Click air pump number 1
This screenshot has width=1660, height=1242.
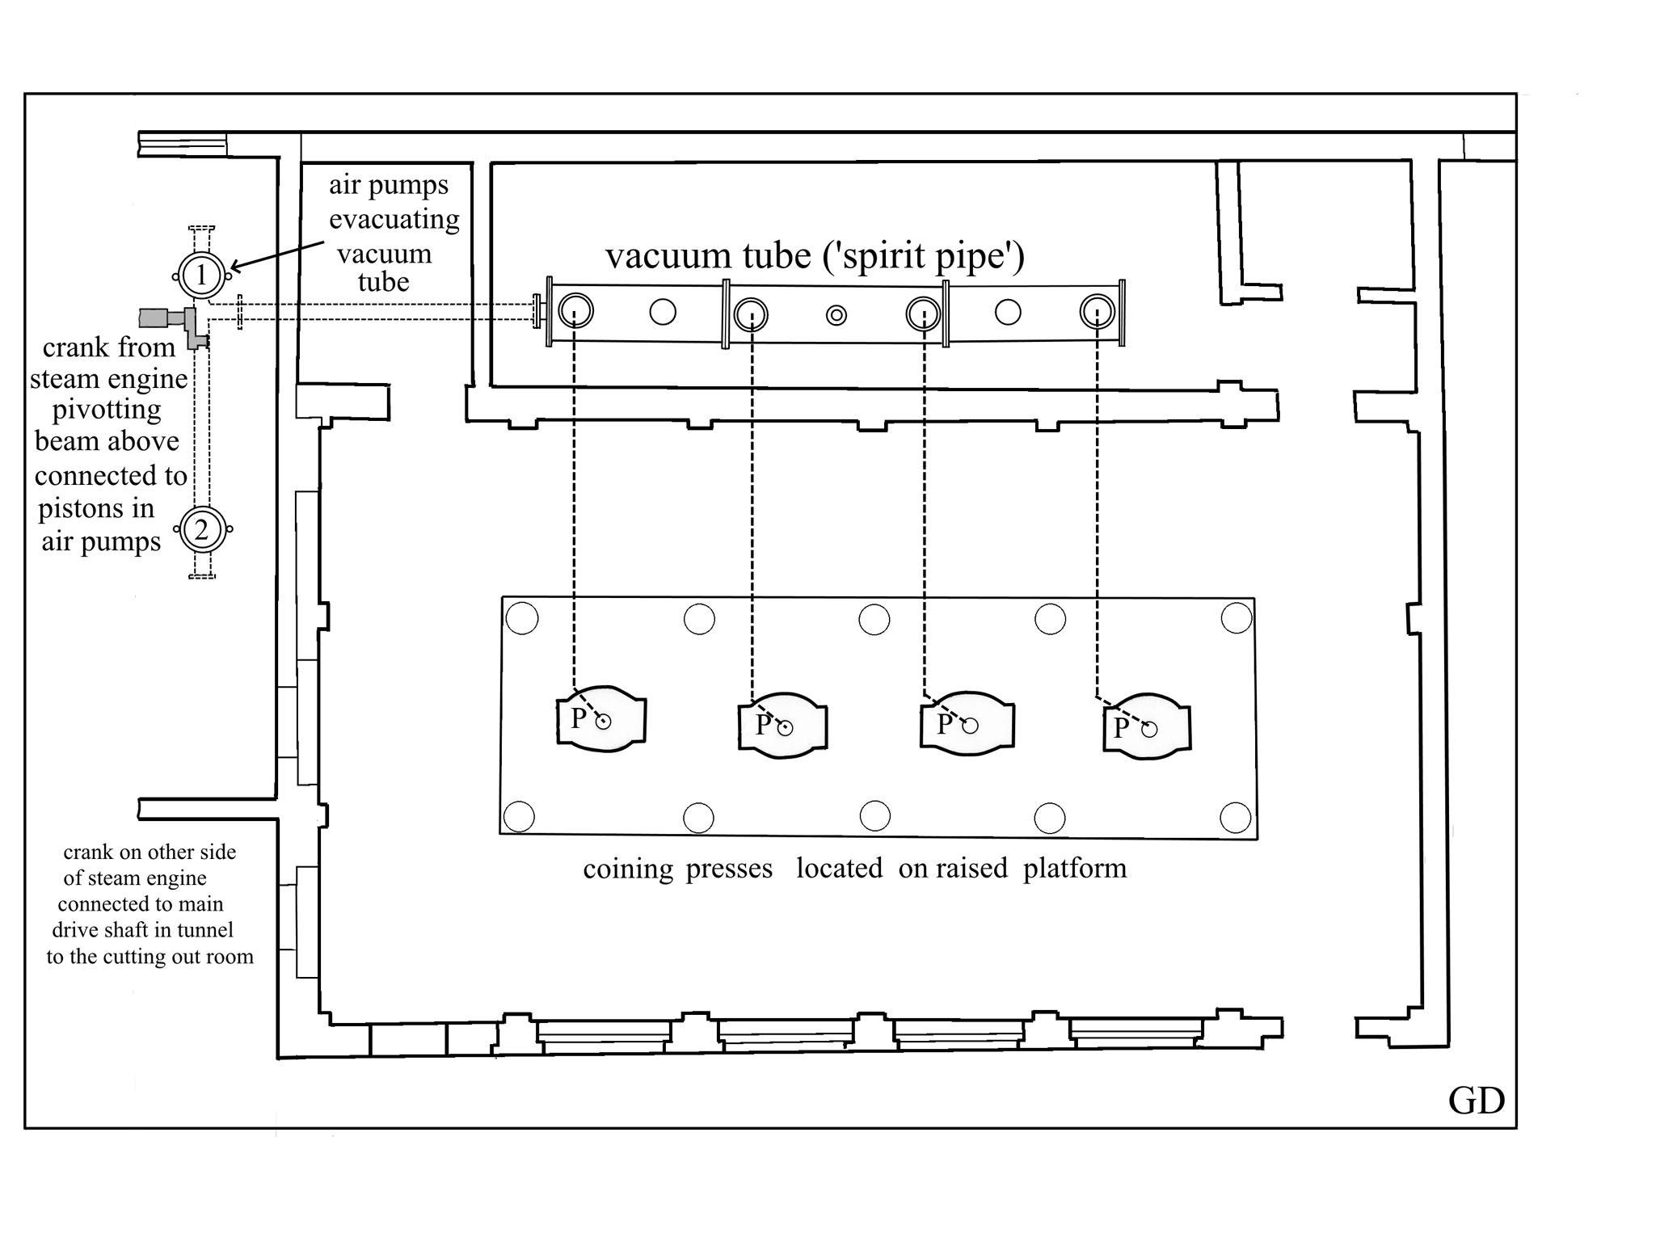pyautogui.click(x=201, y=275)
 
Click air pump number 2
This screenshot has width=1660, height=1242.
pyautogui.click(x=201, y=530)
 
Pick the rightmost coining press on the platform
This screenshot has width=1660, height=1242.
pyautogui.click(x=1147, y=726)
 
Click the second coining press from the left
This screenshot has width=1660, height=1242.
pyautogui.click(x=782, y=725)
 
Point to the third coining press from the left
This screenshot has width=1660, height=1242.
pyautogui.click(x=967, y=723)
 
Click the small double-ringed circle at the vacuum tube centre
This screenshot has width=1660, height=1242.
pyautogui.click(x=836, y=315)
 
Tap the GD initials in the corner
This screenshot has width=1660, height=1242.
pyautogui.click(x=1477, y=1101)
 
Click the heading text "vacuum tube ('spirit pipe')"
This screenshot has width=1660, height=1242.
pyautogui.click(x=815, y=256)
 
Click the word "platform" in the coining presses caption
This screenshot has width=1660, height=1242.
pyautogui.click(x=1075, y=869)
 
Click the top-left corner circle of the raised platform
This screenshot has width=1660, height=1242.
pyautogui.click(x=522, y=619)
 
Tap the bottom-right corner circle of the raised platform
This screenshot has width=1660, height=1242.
pyautogui.click(x=1235, y=818)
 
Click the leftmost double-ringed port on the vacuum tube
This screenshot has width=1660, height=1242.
pyautogui.click(x=575, y=311)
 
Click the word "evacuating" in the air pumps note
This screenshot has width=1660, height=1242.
pyautogui.click(x=394, y=220)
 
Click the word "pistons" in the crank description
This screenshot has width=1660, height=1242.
pyautogui.click(x=78, y=509)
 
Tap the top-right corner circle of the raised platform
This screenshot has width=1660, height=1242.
pyautogui.click(x=1237, y=618)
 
